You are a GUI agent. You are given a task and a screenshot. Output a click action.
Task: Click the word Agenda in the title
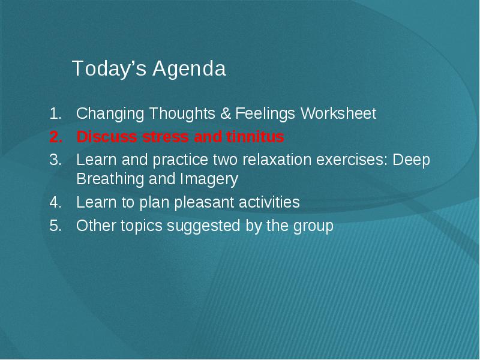tap(190, 68)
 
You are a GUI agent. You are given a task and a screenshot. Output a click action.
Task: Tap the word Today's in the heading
tap(109, 68)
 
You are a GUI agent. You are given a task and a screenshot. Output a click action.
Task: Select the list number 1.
tap(55, 113)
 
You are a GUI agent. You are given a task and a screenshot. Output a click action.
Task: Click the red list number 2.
tap(56, 137)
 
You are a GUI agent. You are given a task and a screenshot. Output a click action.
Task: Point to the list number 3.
tap(55, 160)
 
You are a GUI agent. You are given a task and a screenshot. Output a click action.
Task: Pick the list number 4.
tap(55, 202)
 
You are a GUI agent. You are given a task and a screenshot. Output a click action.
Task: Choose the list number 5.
tap(55, 226)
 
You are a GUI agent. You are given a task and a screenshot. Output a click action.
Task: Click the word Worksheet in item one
tap(338, 113)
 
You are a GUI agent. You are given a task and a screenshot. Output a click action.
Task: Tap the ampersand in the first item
tap(226, 113)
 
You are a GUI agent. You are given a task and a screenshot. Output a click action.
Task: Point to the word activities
tap(269, 202)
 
